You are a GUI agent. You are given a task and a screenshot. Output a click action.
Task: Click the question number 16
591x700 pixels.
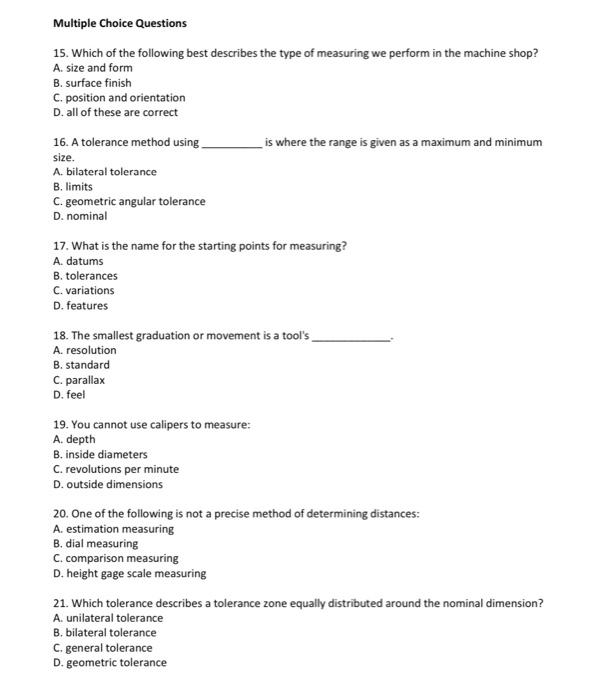tap(59, 143)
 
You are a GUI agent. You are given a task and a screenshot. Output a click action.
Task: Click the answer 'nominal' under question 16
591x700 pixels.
tap(85, 216)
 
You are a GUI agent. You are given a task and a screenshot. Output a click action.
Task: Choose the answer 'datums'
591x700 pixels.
tap(84, 261)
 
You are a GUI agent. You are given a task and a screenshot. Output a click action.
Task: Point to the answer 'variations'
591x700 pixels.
tap(90, 290)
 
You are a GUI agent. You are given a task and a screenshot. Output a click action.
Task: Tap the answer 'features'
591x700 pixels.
tap(87, 305)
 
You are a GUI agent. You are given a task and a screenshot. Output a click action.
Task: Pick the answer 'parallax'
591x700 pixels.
tap(85, 380)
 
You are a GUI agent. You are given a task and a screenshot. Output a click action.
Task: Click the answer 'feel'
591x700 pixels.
tap(76, 394)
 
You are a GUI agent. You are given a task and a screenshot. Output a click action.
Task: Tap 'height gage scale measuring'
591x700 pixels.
tap(135, 573)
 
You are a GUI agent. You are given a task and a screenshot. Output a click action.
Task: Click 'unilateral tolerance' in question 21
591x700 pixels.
tap(113, 618)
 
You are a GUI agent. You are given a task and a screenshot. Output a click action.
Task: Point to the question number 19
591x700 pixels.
tap(59, 425)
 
